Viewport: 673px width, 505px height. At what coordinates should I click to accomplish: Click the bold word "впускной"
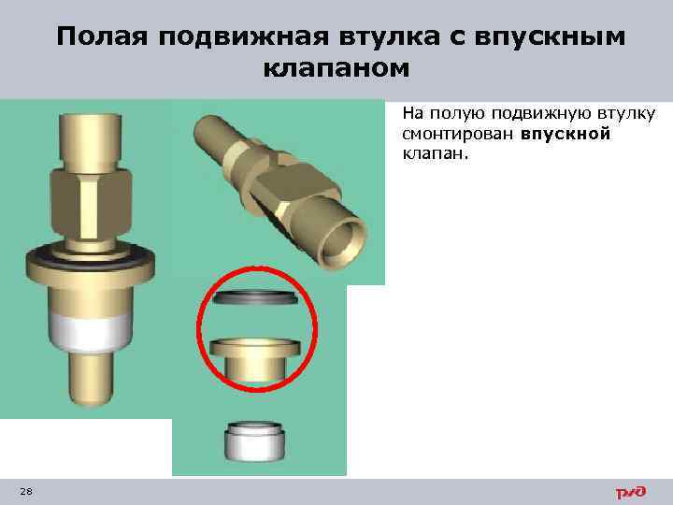(x=566, y=134)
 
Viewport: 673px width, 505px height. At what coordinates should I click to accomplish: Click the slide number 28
(x=25, y=492)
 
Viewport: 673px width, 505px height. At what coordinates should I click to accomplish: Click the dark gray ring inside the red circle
(x=253, y=298)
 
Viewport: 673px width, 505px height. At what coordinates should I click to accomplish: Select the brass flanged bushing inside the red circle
(x=253, y=356)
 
